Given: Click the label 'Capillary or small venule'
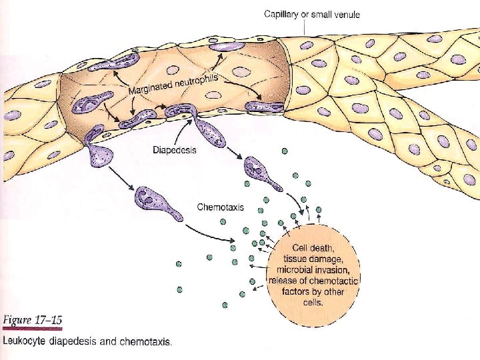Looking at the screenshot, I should pyautogui.click(x=311, y=14).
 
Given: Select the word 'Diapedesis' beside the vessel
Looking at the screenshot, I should pyautogui.click(x=175, y=151).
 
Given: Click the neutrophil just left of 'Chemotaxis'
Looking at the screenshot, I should pyautogui.click(x=155, y=202).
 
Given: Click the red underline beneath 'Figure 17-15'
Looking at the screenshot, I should pyautogui.click(x=31, y=328).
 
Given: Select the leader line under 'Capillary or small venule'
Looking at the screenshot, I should pyautogui.click(x=303, y=27).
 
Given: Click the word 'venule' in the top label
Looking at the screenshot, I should pyautogui.click(x=345, y=14).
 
